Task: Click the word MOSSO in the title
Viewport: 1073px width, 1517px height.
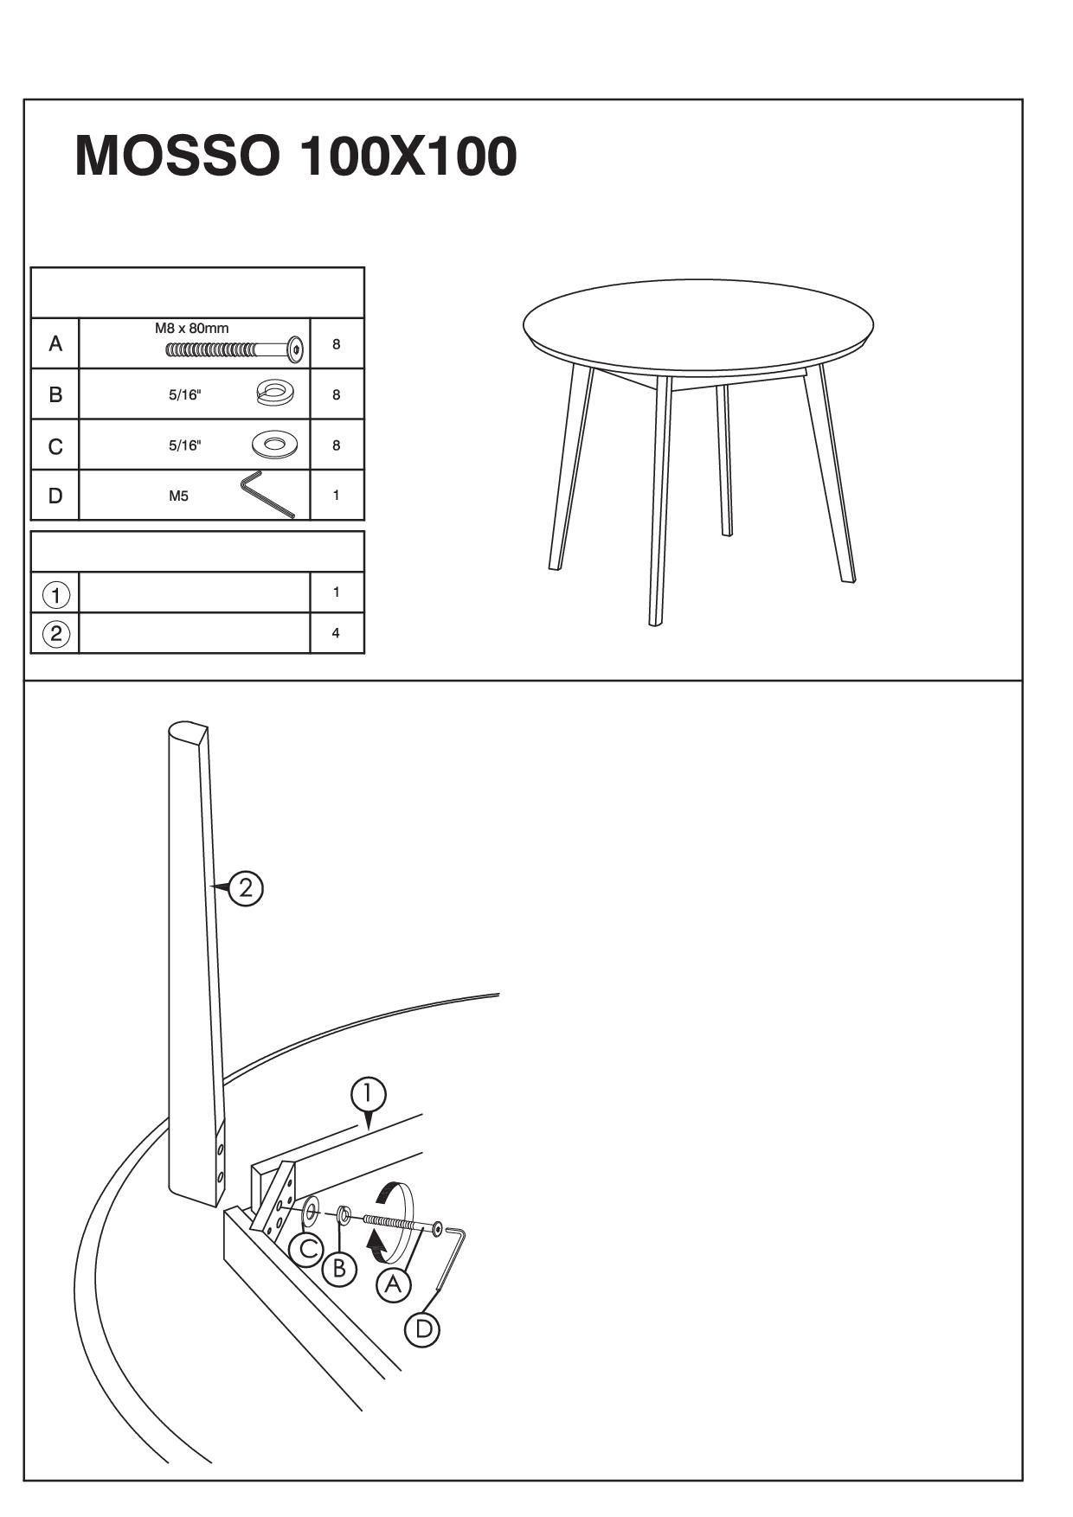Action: pyautogui.click(x=177, y=157)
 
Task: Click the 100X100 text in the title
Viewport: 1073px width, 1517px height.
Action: pyautogui.click(x=408, y=157)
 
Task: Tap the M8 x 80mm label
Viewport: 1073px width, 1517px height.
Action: pyautogui.click(x=192, y=329)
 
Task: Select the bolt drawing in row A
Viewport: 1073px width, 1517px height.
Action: pyautogui.click(x=235, y=349)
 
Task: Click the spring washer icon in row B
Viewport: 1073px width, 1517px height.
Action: pyautogui.click(x=275, y=394)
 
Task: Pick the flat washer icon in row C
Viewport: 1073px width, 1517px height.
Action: pyautogui.click(x=274, y=445)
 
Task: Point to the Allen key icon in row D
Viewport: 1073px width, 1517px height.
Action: pyautogui.click(x=267, y=495)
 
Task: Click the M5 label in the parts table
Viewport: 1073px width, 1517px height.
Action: pyautogui.click(x=178, y=496)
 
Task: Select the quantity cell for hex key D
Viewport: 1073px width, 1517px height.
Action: pyautogui.click(x=337, y=496)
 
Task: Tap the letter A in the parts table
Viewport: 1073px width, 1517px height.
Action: pyautogui.click(x=55, y=344)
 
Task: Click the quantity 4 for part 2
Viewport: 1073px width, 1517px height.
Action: pyautogui.click(x=336, y=633)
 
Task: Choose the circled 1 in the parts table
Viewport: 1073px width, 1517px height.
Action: pyautogui.click(x=56, y=595)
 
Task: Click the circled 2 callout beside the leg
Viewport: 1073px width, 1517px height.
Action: pyautogui.click(x=246, y=888)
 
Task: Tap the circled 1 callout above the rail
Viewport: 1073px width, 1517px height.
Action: pyautogui.click(x=369, y=1094)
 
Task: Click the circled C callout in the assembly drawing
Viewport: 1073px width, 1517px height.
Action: pyautogui.click(x=305, y=1249)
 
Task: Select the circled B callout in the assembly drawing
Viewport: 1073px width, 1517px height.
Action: pyautogui.click(x=339, y=1269)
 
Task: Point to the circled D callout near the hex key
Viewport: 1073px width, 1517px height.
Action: pyautogui.click(x=423, y=1328)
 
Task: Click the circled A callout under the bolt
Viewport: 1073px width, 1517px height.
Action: pyautogui.click(x=394, y=1285)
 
